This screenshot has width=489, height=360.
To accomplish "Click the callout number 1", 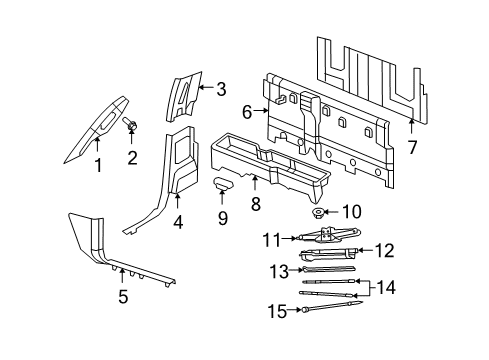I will (98, 166).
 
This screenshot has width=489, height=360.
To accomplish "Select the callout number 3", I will (221, 89).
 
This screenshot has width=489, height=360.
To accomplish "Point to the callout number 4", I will (177, 224).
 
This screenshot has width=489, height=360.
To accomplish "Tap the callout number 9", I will (223, 216).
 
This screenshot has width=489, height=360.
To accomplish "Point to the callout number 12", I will (383, 249).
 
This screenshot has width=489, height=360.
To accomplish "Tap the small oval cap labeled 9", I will (222, 182).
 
